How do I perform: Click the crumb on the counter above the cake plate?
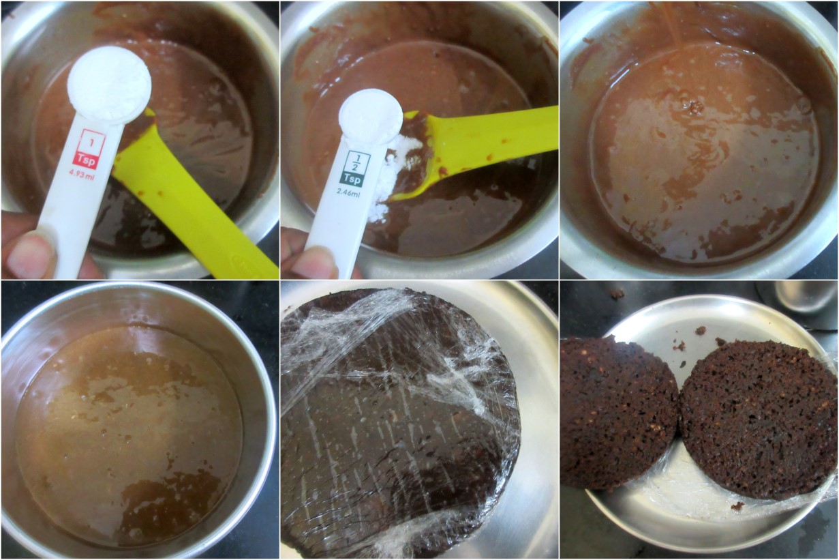[x=620, y=293]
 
